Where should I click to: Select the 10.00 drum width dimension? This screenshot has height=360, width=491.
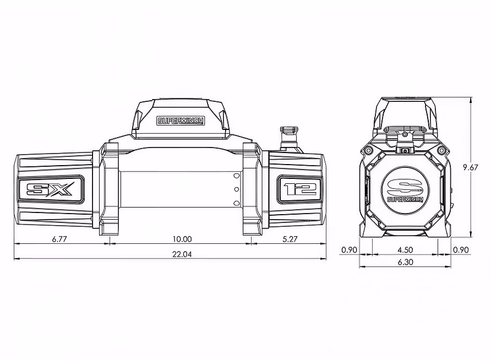(182, 239)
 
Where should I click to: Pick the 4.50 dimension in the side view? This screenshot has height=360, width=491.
(405, 250)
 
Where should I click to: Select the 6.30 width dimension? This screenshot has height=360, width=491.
(405, 263)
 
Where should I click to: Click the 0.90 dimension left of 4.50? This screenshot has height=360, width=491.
(350, 250)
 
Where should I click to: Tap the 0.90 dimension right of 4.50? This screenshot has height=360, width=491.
(461, 250)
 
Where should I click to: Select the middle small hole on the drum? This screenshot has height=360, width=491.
(236, 189)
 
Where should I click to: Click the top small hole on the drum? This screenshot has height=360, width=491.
(236, 176)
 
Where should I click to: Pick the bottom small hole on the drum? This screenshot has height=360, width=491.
(236, 203)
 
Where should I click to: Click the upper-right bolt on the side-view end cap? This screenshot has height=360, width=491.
(441, 150)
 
